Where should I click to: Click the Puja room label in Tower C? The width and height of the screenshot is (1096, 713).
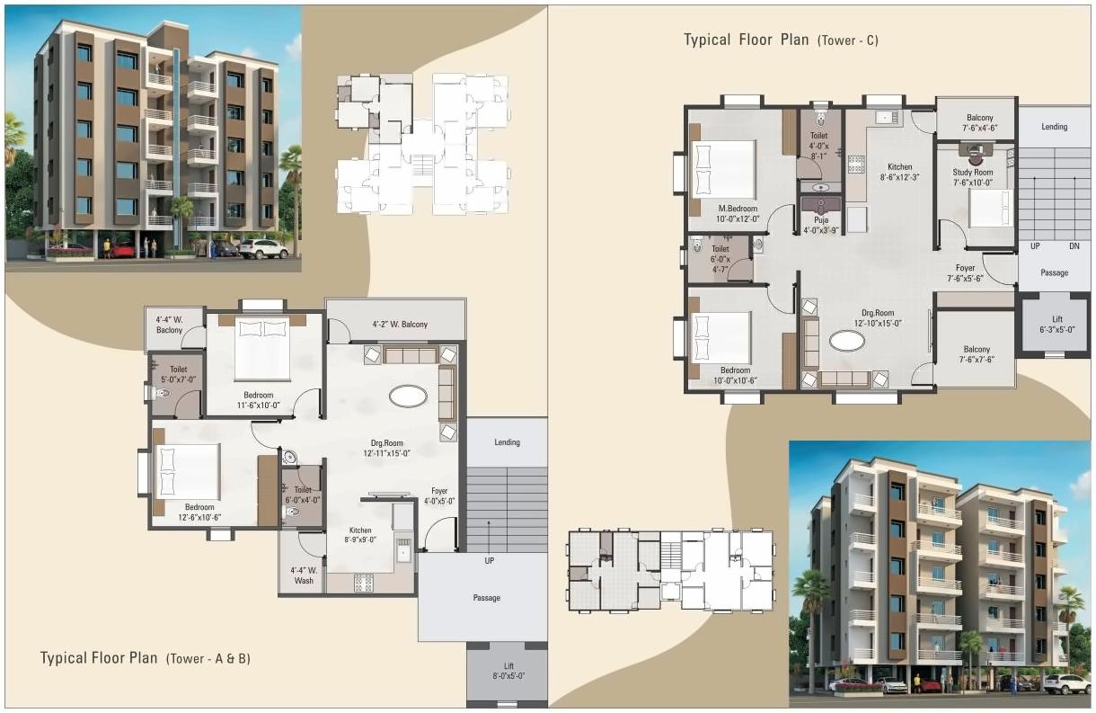pos(820,224)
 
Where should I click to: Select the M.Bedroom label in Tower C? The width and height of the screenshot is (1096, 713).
pos(736,213)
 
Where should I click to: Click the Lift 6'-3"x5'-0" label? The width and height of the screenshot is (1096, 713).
pos(1056,325)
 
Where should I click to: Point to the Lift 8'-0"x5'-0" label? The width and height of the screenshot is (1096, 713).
pos(508,671)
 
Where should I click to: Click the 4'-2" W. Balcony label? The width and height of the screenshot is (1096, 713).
pos(400,325)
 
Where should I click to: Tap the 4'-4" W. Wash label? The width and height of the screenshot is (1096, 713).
pos(303,575)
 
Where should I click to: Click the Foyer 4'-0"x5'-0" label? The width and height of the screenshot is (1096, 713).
pos(439,496)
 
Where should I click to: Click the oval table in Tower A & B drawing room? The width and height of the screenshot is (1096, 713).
pos(408,396)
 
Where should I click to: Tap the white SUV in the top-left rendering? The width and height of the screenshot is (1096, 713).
pos(262,248)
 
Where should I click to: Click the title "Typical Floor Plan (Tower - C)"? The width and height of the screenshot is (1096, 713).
pos(781,40)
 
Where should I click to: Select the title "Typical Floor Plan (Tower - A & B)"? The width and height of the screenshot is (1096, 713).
pos(145,658)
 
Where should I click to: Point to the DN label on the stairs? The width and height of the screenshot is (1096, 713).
pos(1074,245)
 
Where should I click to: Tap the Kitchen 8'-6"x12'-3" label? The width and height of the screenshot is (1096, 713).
pos(899,172)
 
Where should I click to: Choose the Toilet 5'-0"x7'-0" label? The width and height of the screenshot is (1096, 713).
pos(176,374)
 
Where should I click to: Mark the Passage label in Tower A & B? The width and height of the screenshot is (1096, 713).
pos(486,598)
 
